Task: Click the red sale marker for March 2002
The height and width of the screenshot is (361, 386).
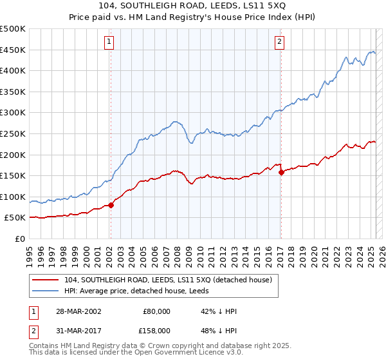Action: pyautogui.click(x=111, y=205)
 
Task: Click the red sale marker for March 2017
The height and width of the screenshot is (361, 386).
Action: pyautogui.click(x=281, y=172)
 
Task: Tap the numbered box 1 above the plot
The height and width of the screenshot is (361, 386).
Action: pyautogui.click(x=109, y=43)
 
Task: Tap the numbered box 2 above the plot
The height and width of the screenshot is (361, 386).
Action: pyautogui.click(x=280, y=43)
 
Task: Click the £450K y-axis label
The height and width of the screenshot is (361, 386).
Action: pyautogui.click(x=14, y=50)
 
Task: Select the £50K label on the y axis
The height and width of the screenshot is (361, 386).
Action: pyautogui.click(x=16, y=218)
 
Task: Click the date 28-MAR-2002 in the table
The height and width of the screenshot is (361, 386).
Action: pyautogui.click(x=79, y=311)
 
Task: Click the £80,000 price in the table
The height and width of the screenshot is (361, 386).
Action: pyautogui.click(x=158, y=311)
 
